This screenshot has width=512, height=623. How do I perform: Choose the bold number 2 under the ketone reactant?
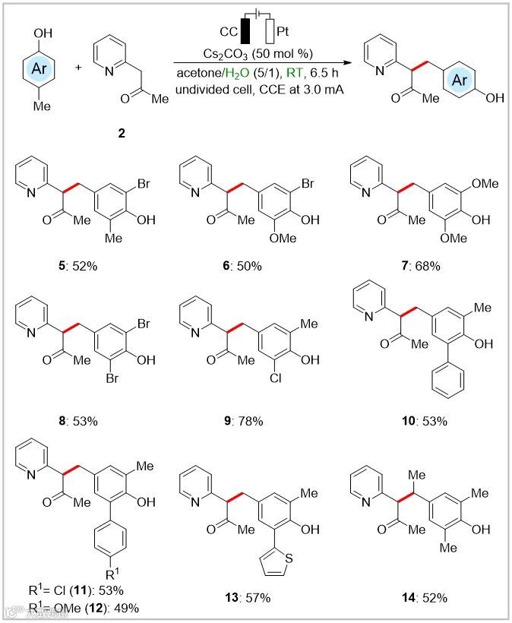[122, 132]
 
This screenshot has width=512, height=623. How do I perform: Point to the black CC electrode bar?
[245, 33]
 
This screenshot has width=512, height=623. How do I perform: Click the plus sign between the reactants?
[79, 68]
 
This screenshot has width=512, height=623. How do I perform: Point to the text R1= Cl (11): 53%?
[73, 589]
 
